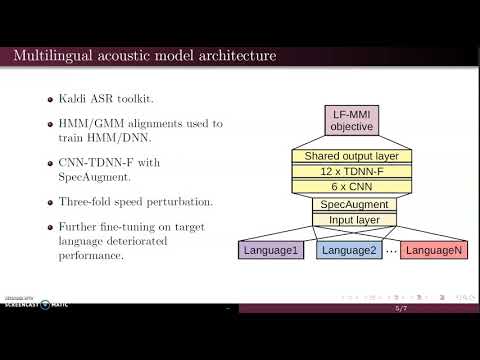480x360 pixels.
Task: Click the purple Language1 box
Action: (270, 249)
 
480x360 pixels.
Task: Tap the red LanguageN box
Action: (433, 249)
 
